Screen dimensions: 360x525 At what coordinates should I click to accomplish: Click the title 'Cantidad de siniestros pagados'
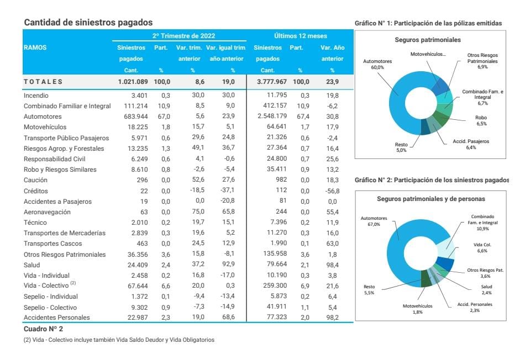[x=88, y=23]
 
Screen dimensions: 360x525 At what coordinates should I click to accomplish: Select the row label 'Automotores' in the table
[x=43, y=117]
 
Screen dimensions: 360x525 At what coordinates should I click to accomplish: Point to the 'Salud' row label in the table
[x=32, y=265]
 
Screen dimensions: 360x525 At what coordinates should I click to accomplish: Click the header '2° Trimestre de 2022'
[x=180, y=36]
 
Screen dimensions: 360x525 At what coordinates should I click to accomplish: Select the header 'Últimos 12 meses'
[x=300, y=36]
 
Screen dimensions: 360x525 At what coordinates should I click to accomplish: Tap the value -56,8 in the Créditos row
[x=332, y=191]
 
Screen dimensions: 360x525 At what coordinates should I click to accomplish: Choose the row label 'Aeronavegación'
[x=47, y=212]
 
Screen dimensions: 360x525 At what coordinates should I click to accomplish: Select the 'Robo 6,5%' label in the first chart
[x=481, y=120]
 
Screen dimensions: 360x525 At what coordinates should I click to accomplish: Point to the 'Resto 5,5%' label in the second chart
[x=369, y=289]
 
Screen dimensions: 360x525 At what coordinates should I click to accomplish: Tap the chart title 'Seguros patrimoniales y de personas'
[x=431, y=198]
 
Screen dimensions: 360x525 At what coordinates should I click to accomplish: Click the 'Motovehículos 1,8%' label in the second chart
[x=417, y=308]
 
